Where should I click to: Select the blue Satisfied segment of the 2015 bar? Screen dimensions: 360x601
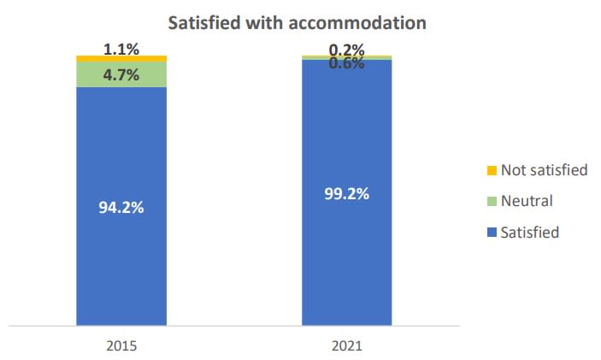coord(121,257)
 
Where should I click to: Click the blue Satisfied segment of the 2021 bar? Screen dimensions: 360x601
coord(346,257)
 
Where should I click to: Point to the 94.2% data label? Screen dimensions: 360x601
coord(121,207)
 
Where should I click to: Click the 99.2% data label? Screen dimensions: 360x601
coord(346,194)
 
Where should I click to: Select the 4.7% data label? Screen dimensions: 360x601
coord(121,74)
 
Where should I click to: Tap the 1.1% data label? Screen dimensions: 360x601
coord(121,50)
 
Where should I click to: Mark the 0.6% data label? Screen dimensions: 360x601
coord(346,62)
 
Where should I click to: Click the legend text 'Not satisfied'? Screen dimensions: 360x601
coord(544,170)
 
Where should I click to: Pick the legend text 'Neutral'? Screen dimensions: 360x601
coord(527,201)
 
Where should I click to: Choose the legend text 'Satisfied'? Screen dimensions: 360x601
coord(530,232)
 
